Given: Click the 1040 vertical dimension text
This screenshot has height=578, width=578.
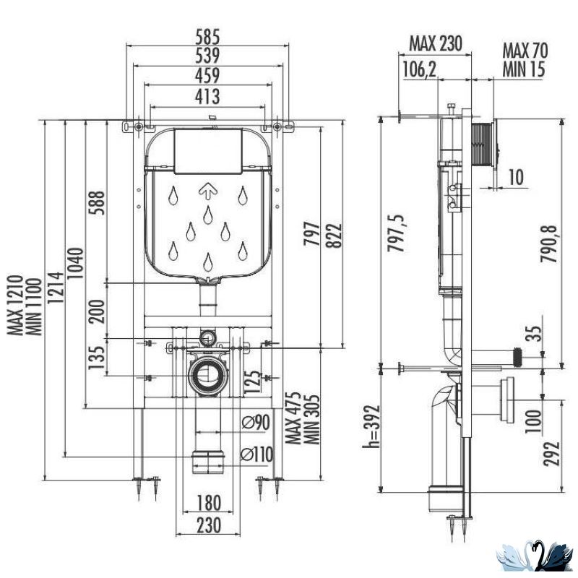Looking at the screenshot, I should tap(77, 264).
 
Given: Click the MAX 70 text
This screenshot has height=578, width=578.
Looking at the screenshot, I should tap(525, 51).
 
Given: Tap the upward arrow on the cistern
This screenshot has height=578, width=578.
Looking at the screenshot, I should tap(207, 191).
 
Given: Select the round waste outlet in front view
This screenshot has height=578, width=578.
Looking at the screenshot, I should tap(207, 374).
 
